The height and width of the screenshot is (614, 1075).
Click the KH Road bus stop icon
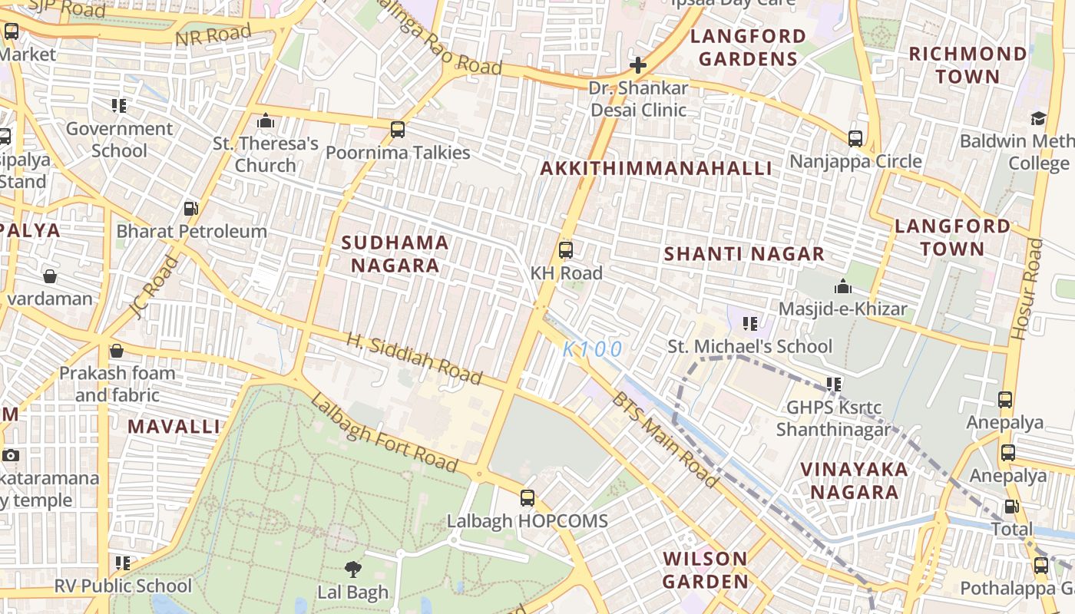tap(566, 250)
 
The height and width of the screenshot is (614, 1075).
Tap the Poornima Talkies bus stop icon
tap(398, 130)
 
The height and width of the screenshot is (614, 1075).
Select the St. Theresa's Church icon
tap(266, 120)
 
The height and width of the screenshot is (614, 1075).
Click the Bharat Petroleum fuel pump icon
tap(191, 208)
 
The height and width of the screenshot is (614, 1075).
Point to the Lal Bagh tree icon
tap(353, 569)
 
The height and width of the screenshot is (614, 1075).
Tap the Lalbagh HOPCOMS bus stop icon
tap(528, 498)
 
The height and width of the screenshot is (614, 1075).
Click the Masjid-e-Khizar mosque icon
tap(843, 286)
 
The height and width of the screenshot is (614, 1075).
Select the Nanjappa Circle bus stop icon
tap(855, 139)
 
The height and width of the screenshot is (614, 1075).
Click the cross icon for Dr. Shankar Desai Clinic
tap(637, 65)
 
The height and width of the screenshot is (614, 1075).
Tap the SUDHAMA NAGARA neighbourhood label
tap(395, 254)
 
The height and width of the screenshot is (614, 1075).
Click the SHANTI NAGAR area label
tap(744, 254)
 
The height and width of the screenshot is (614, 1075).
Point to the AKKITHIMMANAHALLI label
tap(656, 169)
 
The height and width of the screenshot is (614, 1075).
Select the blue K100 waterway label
tap(592, 350)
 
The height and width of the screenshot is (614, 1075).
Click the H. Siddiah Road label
tap(414, 359)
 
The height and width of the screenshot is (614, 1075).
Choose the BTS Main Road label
tap(665, 440)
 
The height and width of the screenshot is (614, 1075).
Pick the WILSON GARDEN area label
tap(705, 570)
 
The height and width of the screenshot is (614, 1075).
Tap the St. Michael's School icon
tap(750, 324)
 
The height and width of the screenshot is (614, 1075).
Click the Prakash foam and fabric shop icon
tap(117, 351)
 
